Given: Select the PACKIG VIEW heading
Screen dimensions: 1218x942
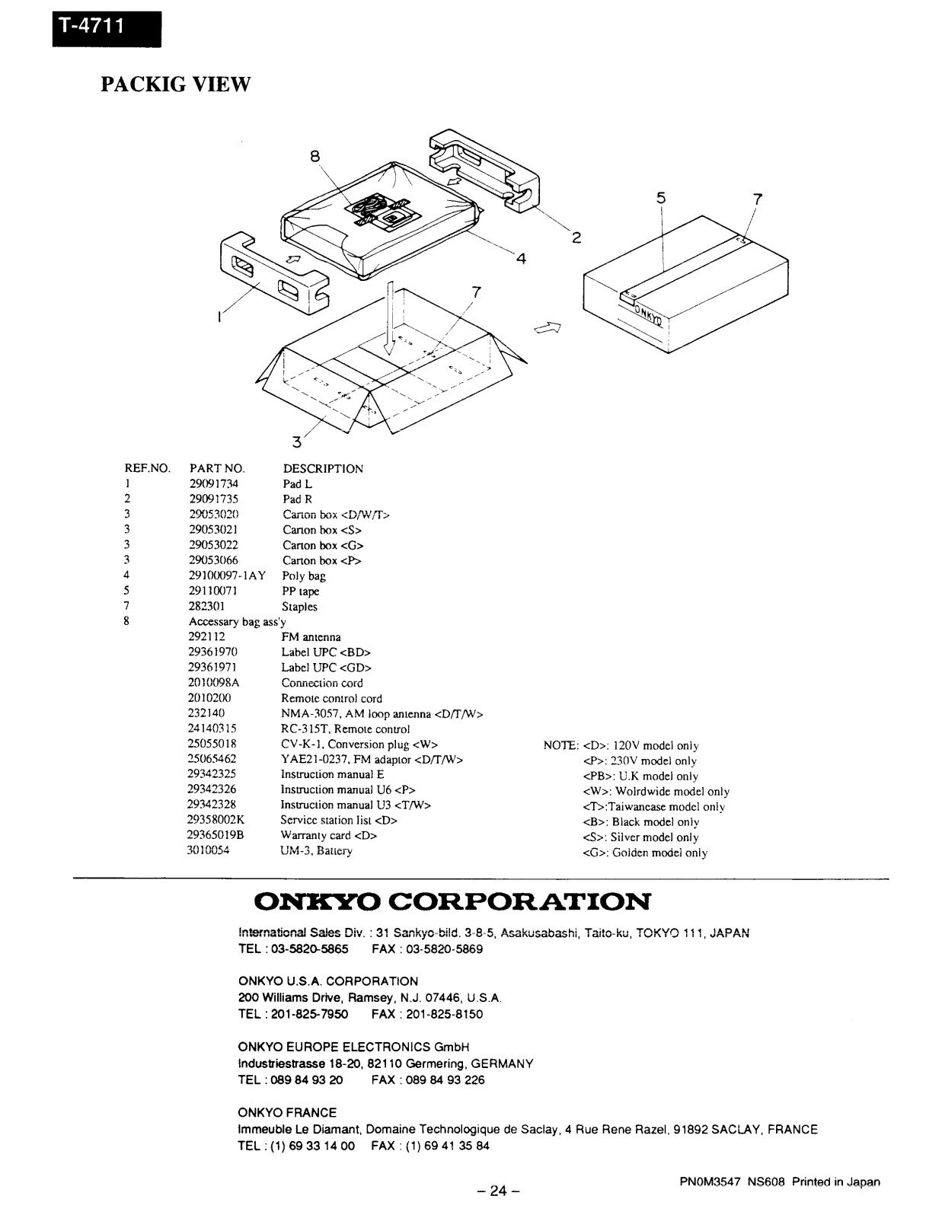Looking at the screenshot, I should [x=175, y=84].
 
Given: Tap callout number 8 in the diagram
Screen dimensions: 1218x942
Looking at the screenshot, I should [x=315, y=156].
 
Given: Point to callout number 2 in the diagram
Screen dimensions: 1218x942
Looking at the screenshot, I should [x=576, y=238].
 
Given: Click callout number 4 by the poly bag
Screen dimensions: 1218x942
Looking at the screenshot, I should [x=521, y=259].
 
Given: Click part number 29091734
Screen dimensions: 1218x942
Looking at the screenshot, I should [x=213, y=484].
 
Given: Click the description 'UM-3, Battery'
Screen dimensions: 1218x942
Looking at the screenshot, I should [x=316, y=851].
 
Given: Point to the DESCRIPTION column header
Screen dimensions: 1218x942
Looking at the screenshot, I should [x=323, y=469].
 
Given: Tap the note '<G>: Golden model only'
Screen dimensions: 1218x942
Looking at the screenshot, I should [x=645, y=853].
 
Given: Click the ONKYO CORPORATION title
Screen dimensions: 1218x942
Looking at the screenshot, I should [x=453, y=903].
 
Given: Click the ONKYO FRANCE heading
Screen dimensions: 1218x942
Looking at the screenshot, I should [x=287, y=1113].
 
